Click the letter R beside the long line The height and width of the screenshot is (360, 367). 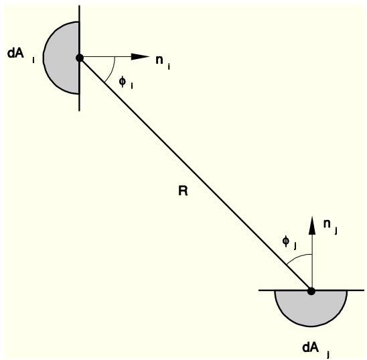pyautogui.click(x=183, y=190)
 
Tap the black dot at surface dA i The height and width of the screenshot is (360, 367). pyautogui.click(x=80, y=58)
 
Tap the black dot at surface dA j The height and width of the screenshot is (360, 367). pyautogui.click(x=311, y=292)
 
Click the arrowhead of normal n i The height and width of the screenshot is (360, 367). pyautogui.click(x=140, y=56)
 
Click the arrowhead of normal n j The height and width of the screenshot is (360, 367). pyautogui.click(x=312, y=225)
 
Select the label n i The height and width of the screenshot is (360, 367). pyautogui.click(x=163, y=62)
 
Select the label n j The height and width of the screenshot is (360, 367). pyautogui.click(x=330, y=227)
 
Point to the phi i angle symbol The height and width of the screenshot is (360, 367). pyautogui.click(x=123, y=82)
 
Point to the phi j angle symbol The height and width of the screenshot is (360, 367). pyautogui.click(x=286, y=241)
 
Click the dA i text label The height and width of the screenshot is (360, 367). pyautogui.click(x=21, y=55)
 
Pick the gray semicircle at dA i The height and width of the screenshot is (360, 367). pyautogui.click(x=62, y=58)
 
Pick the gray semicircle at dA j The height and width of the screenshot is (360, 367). pyautogui.click(x=311, y=308)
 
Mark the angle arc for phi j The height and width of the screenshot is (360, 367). pyautogui.click(x=298, y=257)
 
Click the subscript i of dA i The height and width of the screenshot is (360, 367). pyautogui.click(x=33, y=60)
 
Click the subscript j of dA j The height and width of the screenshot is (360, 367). pyautogui.click(x=328, y=355)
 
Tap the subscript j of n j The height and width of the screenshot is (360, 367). pyautogui.click(x=336, y=231)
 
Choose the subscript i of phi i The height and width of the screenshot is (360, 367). pyautogui.click(x=132, y=86)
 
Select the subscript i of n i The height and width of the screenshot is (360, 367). pyautogui.click(x=169, y=67)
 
